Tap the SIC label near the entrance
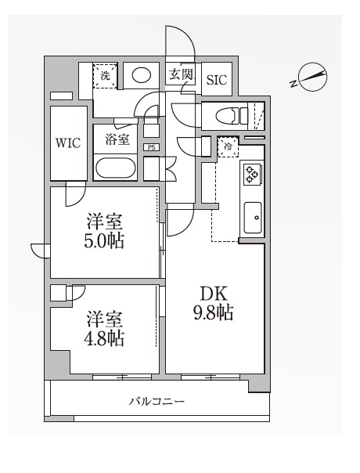coord(215,78)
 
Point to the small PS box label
coord(151,146)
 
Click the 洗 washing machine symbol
coord(105,76)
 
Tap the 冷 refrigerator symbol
coord(229,146)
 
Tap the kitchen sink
coord(253,217)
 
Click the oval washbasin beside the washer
coord(141,76)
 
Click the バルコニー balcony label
coord(157,402)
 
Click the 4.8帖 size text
coord(106,339)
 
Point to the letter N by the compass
coord(293,81)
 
